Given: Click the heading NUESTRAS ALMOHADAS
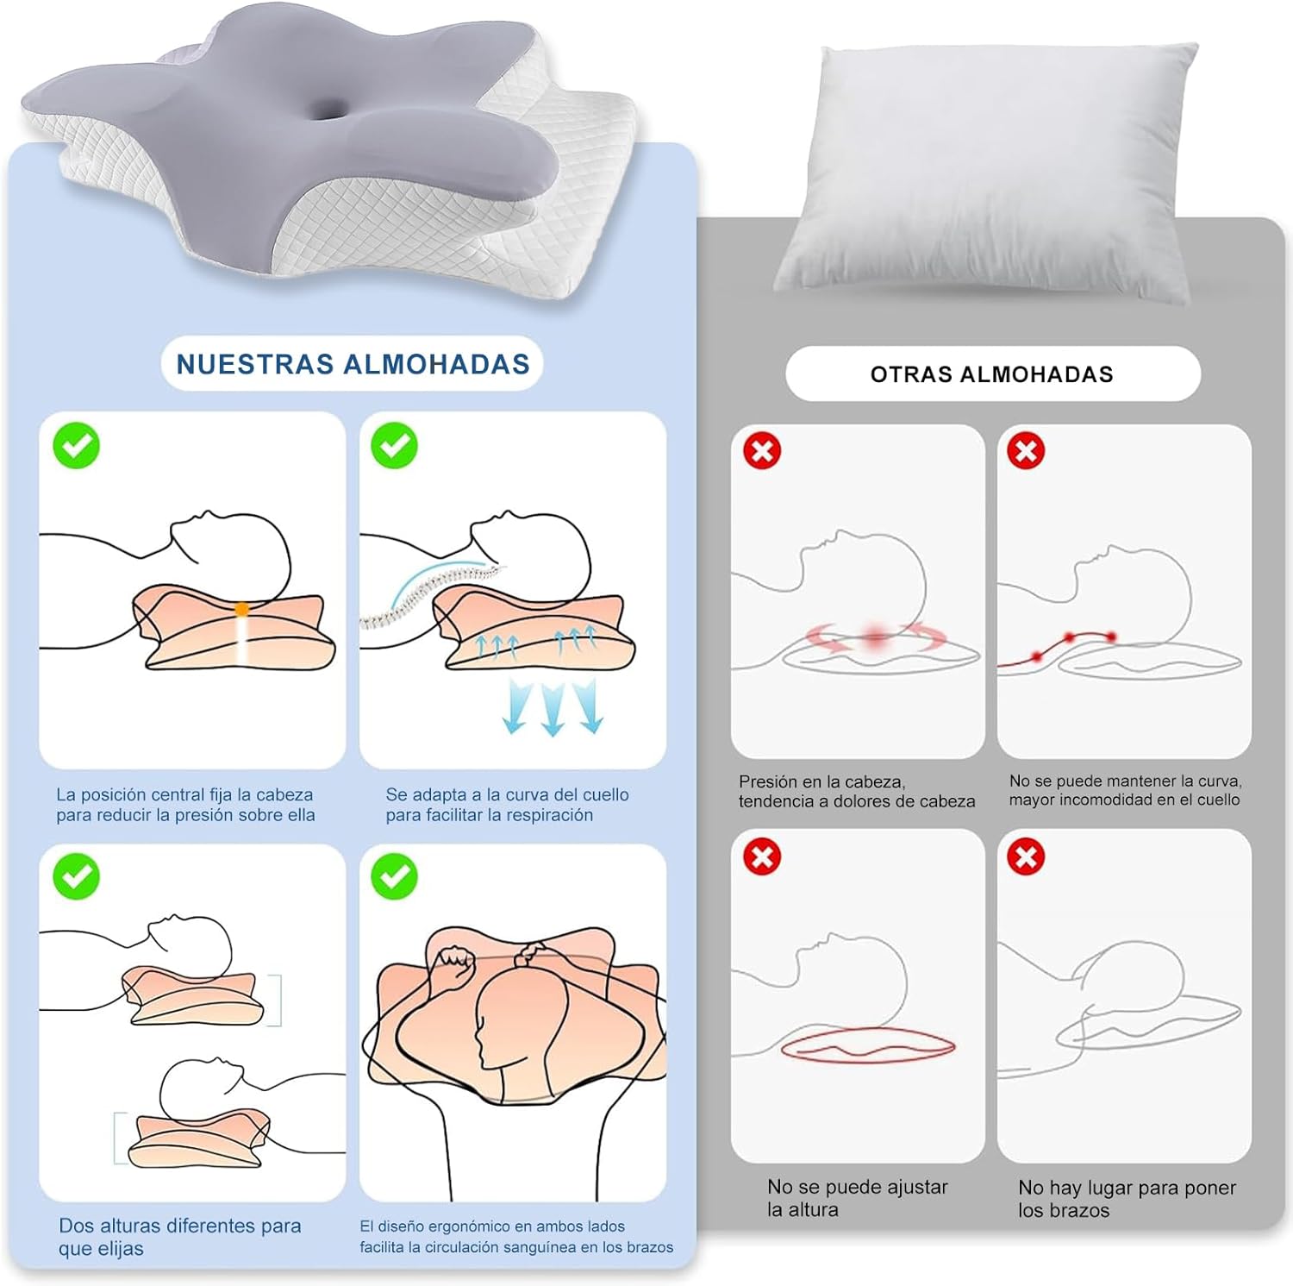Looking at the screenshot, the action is (353, 364).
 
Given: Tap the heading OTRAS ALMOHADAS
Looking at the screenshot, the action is (992, 374).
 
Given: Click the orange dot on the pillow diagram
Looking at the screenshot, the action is (242, 609).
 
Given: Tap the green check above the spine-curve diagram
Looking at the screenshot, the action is (394, 446).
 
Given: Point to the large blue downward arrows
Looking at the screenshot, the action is (553, 706).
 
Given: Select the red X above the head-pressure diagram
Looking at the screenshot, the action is (762, 451).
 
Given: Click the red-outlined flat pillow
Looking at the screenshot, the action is (868, 1046).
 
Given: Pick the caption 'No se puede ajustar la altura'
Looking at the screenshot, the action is (857, 1198).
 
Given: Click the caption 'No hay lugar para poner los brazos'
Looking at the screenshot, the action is (1127, 1199).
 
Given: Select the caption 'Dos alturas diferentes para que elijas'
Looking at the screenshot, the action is (179, 1237).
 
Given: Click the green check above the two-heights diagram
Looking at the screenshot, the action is (76, 876).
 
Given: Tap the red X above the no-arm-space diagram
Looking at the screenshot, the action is (1026, 856).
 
